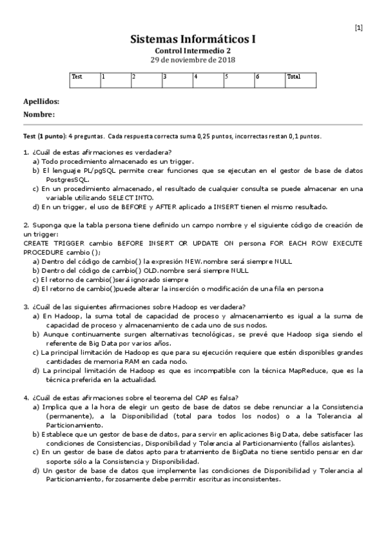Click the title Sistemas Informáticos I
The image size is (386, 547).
coord(193,39)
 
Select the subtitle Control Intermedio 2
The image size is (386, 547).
coord(193,50)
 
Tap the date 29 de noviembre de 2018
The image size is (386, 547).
coord(193,59)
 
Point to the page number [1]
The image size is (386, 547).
coord(358,27)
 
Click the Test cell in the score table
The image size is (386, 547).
coord(84,80)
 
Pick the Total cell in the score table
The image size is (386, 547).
coord(300,80)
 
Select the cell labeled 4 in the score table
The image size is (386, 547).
coord(207,80)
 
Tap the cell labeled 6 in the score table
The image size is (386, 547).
coord(269,80)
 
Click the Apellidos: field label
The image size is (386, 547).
coord(41,102)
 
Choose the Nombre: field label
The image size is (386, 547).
coord(39,114)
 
